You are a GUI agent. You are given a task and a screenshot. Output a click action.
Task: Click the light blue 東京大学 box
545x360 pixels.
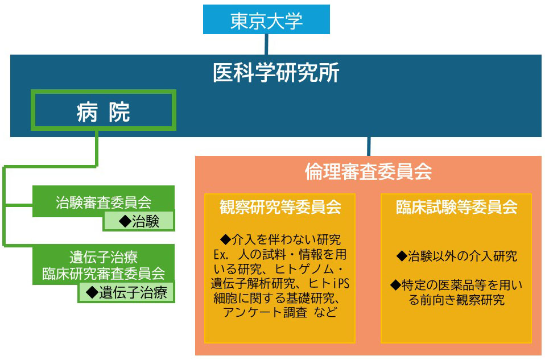click(x=266, y=20)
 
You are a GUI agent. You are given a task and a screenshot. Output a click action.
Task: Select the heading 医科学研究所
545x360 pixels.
click(x=276, y=73)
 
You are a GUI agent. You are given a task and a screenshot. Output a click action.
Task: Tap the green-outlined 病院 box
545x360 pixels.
click(x=103, y=111)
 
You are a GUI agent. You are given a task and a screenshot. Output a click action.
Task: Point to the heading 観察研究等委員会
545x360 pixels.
click(x=280, y=207)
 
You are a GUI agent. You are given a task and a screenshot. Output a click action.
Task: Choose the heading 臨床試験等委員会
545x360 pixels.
click(x=456, y=207)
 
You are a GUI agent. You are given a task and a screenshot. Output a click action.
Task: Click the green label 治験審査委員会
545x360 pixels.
click(x=103, y=201)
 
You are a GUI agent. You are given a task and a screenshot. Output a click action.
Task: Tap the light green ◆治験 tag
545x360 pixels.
click(x=139, y=221)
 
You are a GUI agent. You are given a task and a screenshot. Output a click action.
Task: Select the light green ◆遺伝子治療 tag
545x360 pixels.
click(x=127, y=292)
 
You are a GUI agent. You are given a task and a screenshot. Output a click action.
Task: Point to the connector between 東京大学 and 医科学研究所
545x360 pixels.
click(x=266, y=44)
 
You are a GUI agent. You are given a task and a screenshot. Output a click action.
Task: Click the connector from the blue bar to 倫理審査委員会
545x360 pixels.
click(x=369, y=146)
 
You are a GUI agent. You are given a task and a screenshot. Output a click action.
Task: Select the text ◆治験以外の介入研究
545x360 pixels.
click(x=456, y=256)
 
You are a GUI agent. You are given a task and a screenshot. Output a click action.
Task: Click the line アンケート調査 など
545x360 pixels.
click(x=280, y=313)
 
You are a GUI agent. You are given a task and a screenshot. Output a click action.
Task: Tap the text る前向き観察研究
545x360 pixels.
click(x=456, y=300)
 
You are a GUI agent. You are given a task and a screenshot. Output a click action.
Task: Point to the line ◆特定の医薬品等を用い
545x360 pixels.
click(x=456, y=285)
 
